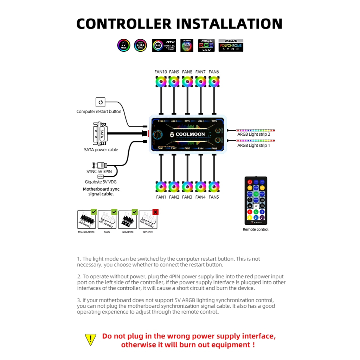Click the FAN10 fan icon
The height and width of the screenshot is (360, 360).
(x=160, y=82)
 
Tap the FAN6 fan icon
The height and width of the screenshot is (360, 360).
(x=214, y=82)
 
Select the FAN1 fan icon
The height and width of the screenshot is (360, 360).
(x=161, y=186)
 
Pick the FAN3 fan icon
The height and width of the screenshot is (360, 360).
(x=187, y=186)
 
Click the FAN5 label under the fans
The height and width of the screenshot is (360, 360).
(x=214, y=197)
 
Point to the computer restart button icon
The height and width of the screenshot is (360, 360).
(x=101, y=102)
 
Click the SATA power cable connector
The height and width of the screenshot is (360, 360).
(x=99, y=134)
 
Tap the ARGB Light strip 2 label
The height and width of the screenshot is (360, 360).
(x=253, y=134)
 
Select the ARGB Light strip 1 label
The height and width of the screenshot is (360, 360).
(x=253, y=145)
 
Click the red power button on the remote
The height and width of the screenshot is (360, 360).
(x=250, y=182)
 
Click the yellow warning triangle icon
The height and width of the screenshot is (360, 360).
(x=91, y=339)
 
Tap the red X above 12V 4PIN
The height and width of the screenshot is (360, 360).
(x=155, y=212)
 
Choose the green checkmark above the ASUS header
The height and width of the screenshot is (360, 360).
(x=114, y=212)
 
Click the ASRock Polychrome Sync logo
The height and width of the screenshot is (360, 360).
(x=231, y=45)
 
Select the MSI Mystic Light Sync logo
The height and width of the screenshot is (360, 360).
(x=164, y=45)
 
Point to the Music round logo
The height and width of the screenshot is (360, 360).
(x=124, y=45)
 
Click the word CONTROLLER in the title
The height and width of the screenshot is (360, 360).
(x=124, y=24)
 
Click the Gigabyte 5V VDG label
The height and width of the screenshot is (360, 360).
(x=101, y=182)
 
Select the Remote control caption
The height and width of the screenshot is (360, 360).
(x=256, y=230)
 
